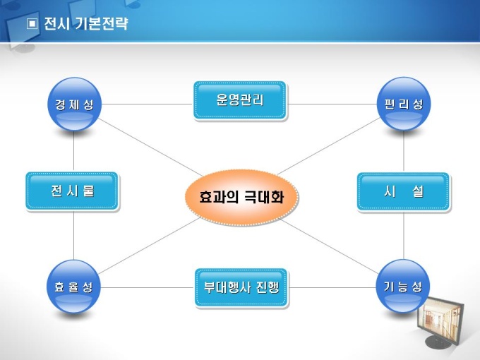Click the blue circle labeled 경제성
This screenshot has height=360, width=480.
[x=74, y=105]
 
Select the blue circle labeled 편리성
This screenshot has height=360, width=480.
[x=404, y=104]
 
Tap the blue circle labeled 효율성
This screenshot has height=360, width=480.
[x=74, y=287]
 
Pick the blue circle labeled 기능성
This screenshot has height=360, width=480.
[x=403, y=287]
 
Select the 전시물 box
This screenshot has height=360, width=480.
[x=72, y=191]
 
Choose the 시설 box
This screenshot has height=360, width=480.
[x=403, y=191]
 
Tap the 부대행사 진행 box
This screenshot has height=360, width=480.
[x=241, y=288]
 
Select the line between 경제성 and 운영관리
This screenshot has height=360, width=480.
[x=147, y=104]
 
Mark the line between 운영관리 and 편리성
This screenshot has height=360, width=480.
[x=332, y=104]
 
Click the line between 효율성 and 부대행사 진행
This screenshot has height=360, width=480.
[x=146, y=287]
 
